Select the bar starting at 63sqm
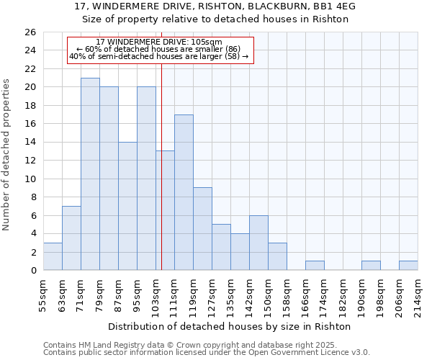point(71,238)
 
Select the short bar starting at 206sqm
point(408,266)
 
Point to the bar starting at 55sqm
point(53,256)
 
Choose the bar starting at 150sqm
point(277,256)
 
